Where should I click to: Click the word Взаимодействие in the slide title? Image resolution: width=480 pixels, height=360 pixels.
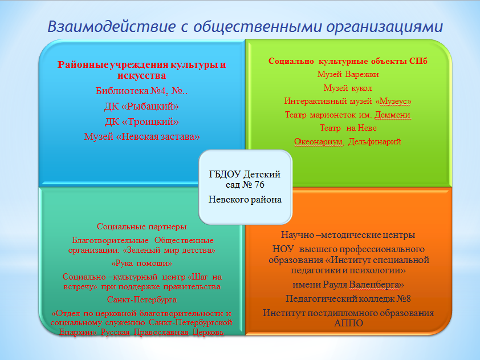(x=112, y=27)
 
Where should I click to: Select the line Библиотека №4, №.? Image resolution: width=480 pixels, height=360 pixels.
(x=141, y=91)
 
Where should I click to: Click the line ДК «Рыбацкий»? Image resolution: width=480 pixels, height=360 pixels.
(x=141, y=106)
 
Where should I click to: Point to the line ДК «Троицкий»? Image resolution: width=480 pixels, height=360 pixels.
(x=142, y=122)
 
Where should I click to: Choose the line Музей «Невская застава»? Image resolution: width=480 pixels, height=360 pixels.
(x=142, y=136)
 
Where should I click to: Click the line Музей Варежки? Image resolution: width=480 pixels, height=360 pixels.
(x=348, y=74)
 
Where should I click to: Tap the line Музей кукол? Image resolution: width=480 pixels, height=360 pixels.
(x=348, y=88)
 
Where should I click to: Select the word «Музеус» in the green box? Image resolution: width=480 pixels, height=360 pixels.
(x=393, y=101)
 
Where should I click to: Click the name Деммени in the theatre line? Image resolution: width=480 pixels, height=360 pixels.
(x=392, y=115)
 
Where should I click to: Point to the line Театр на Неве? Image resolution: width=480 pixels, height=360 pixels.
(x=348, y=128)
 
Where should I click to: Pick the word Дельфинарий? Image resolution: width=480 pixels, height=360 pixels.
(x=375, y=141)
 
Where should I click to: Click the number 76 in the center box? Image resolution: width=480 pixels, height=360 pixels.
(x=259, y=185)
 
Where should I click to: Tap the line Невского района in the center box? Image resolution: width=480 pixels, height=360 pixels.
(x=245, y=200)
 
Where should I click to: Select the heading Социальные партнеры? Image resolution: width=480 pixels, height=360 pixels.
(x=142, y=226)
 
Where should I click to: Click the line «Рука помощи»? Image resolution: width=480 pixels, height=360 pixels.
(x=142, y=264)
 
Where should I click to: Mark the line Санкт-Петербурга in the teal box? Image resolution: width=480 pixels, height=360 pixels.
(x=142, y=300)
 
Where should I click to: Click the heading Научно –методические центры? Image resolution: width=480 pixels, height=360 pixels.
(x=348, y=235)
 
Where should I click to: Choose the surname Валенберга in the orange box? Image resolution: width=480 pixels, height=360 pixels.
(x=376, y=285)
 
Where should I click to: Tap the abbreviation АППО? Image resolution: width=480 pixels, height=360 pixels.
(x=348, y=323)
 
